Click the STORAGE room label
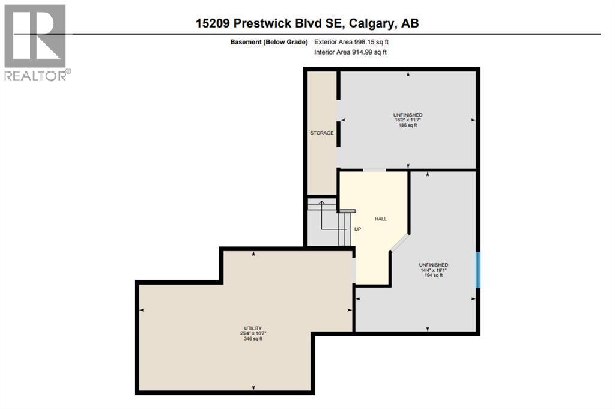point(321,133)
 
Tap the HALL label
point(380,219)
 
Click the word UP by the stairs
point(357,229)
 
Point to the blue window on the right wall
point(478,270)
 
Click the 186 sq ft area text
point(408,126)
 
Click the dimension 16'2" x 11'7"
point(408,120)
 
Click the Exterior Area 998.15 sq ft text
point(356,42)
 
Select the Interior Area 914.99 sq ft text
point(350,52)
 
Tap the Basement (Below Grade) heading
point(269,42)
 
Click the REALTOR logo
point(35,42)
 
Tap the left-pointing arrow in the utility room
point(142,310)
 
